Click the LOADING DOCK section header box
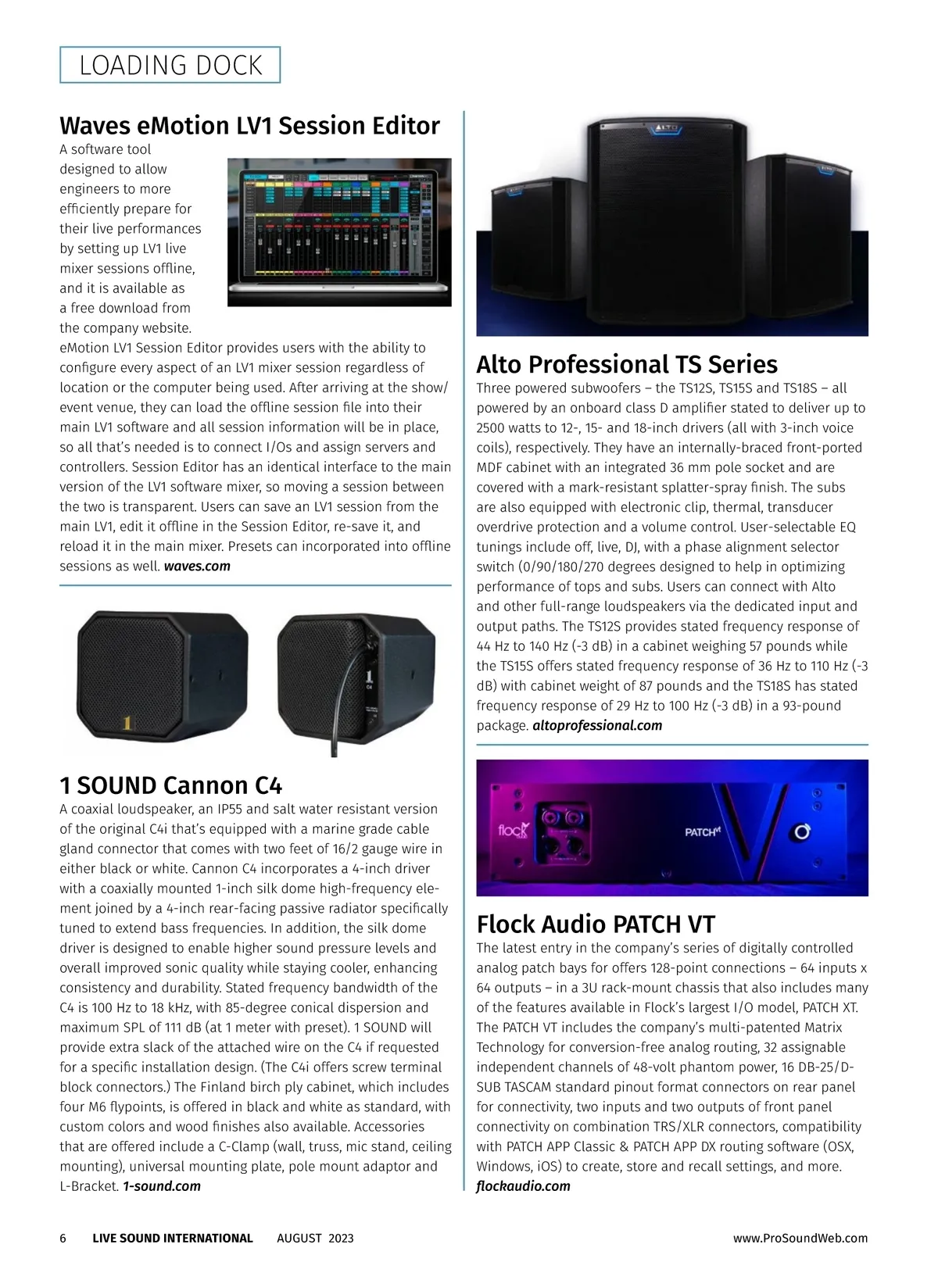click(x=170, y=65)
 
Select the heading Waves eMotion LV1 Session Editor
click(x=249, y=126)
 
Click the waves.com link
click(x=197, y=567)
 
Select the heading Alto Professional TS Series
click(x=627, y=365)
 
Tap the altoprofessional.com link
click(x=597, y=726)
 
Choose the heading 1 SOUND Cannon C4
click(x=170, y=785)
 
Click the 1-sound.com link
click(x=162, y=1186)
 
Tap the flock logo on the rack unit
click(x=513, y=830)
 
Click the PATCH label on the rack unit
click(x=701, y=832)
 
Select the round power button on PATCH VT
click(x=802, y=832)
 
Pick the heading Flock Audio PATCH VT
click(x=596, y=924)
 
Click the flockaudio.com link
click(x=523, y=1186)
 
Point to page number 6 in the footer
click(x=63, y=1239)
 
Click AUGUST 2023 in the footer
click(x=315, y=1239)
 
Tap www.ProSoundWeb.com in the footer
click(x=800, y=1239)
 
